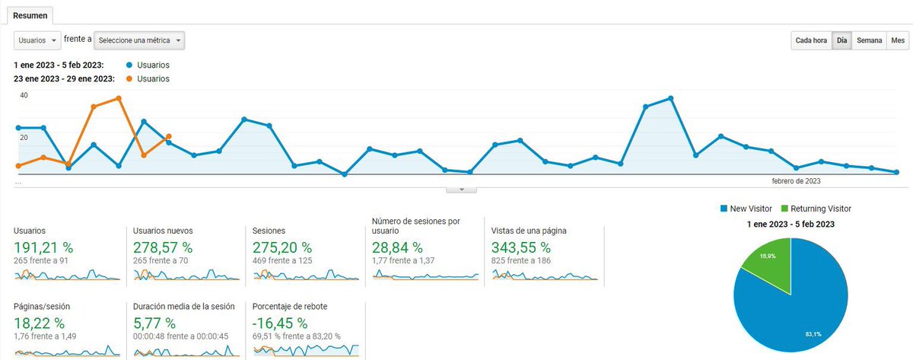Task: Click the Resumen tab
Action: click(30, 14)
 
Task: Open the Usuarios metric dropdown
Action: click(37, 40)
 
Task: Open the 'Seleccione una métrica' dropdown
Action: click(144, 40)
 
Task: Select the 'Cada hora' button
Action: click(811, 40)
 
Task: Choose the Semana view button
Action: click(869, 40)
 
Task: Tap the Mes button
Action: click(898, 40)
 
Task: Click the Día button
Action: click(841, 40)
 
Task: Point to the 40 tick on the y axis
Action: click(24, 96)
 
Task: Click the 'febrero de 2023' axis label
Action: click(796, 181)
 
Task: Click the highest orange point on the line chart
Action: click(119, 98)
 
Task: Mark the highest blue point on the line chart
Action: click(670, 98)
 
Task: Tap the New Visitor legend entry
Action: click(749, 209)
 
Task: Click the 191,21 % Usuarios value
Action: click(43, 247)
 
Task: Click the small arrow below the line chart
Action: click(461, 190)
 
